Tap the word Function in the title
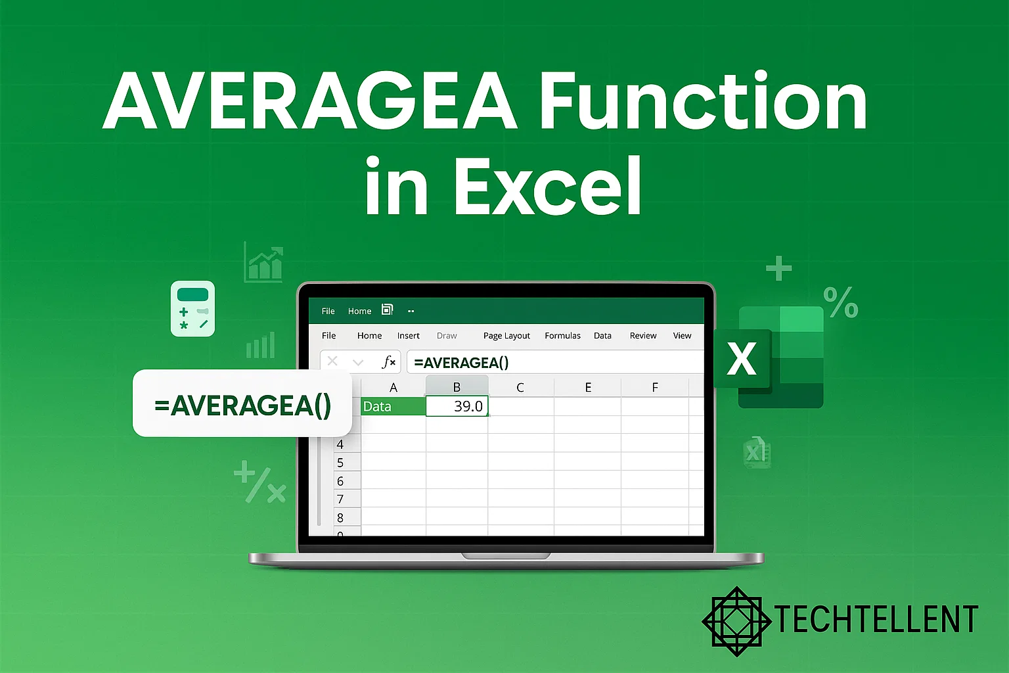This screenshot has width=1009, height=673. tap(704, 102)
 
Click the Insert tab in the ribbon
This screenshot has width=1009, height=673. tap(408, 336)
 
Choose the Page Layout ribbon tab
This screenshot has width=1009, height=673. tap(506, 336)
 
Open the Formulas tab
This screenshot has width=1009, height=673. tap(562, 336)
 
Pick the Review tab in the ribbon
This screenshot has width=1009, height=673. tap(642, 336)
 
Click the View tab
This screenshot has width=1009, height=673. tap(682, 336)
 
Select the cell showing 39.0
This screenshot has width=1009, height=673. tap(457, 406)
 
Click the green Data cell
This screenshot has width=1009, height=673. tap(393, 406)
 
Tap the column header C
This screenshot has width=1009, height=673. tap(520, 387)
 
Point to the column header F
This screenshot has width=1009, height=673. tap(654, 387)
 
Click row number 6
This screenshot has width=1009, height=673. tap(340, 481)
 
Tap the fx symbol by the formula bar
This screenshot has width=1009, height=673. tap(389, 362)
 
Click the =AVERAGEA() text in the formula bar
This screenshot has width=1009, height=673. tap(461, 363)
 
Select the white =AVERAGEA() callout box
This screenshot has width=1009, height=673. tap(242, 404)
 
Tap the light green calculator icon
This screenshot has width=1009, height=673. tap(192, 309)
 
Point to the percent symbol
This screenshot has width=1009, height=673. tap(841, 302)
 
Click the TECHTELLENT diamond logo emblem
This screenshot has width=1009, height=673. tap(736, 621)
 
